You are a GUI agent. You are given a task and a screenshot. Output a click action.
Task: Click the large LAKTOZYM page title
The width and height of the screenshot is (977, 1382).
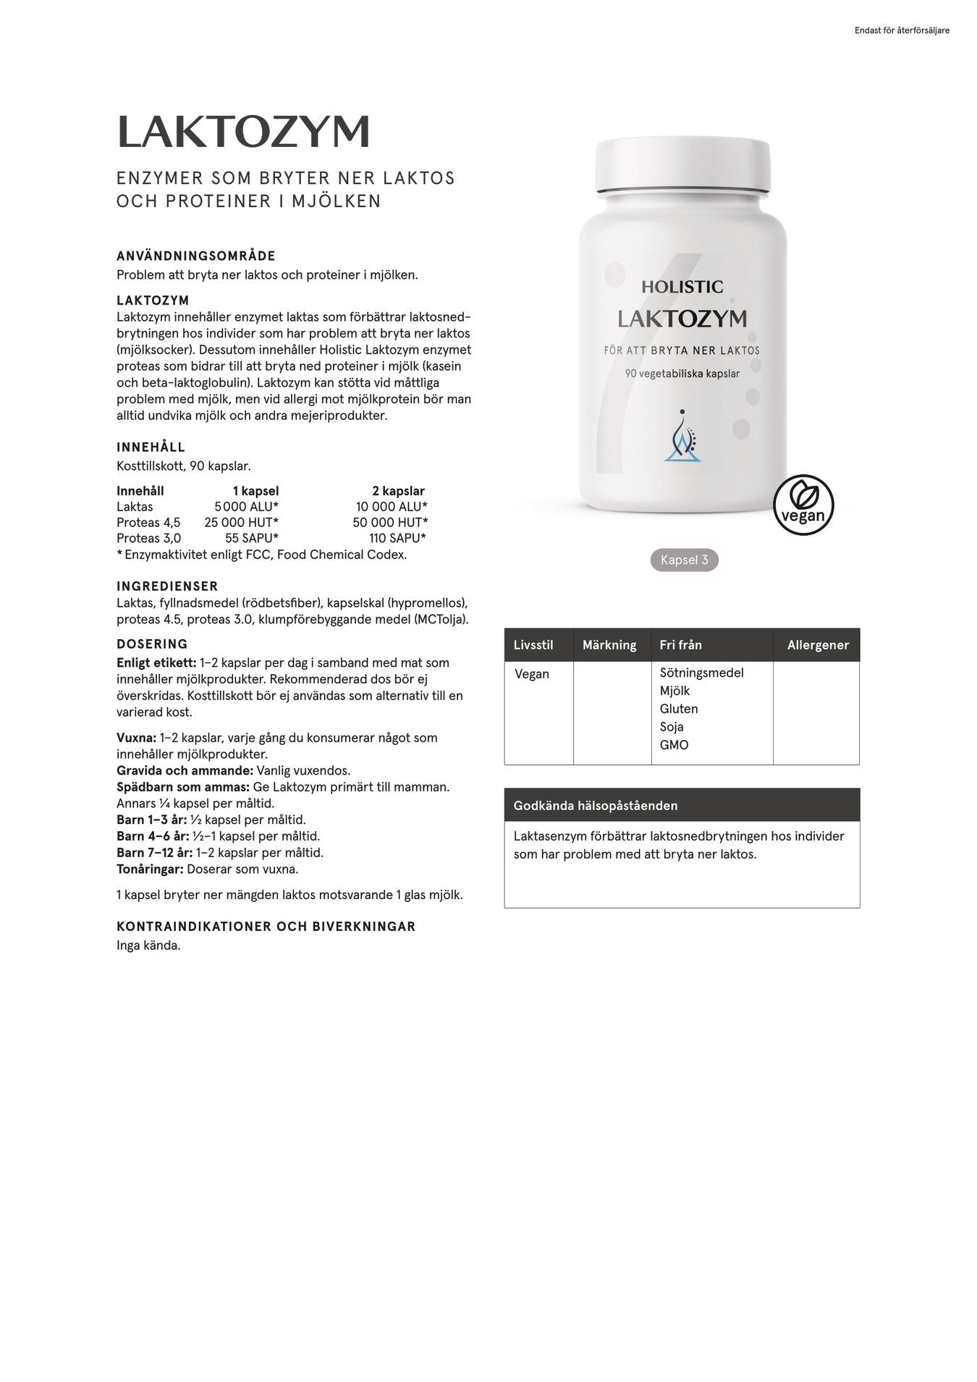[x=243, y=132]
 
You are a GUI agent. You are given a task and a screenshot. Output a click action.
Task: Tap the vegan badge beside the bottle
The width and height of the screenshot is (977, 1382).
[x=803, y=505]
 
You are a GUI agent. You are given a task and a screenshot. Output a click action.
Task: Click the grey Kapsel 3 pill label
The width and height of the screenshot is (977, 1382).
[x=684, y=560]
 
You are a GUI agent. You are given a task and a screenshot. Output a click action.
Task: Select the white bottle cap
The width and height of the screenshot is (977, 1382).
[x=682, y=167]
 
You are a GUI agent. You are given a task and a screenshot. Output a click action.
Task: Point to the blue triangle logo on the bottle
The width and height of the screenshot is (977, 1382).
[x=683, y=437]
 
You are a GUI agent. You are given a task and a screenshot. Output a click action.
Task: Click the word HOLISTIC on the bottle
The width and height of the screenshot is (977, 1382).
[x=682, y=287]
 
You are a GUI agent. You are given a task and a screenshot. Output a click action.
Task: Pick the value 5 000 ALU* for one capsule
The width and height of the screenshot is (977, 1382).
[x=247, y=507]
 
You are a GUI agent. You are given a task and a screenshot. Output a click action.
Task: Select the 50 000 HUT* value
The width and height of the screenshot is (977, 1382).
[x=390, y=523]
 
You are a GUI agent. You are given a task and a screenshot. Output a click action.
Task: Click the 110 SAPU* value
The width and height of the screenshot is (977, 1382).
[x=397, y=539]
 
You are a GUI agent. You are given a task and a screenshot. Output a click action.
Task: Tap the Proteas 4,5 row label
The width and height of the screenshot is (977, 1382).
[x=148, y=523]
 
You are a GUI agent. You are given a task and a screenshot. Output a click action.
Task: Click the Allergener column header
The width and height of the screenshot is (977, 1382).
[x=818, y=645]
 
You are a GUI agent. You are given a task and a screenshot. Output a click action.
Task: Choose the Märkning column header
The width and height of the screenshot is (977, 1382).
[x=609, y=645]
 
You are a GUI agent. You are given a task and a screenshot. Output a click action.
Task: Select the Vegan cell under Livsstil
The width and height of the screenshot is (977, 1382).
[x=532, y=674]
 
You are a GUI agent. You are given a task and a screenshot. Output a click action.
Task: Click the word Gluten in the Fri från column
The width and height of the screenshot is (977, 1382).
[x=679, y=709]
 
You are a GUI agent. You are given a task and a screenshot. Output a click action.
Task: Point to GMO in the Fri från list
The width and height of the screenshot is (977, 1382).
[x=674, y=745]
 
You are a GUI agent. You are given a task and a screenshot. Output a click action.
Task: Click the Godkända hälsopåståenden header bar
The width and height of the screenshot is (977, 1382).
[x=682, y=805]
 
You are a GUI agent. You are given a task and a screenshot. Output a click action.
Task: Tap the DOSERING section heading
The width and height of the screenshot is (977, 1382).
[x=152, y=644]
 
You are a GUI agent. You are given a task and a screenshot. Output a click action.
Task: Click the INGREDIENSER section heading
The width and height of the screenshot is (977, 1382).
[x=167, y=586]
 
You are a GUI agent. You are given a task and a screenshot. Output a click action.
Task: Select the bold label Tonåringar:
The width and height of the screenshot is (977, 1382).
[x=150, y=869]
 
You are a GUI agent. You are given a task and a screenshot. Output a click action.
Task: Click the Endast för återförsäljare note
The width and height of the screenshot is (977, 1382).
[x=902, y=30]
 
